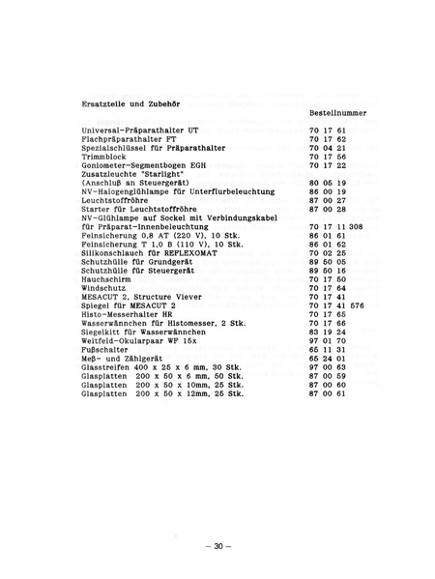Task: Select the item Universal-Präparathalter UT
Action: pyautogui.click(x=140, y=130)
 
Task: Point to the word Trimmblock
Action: pyautogui.click(x=104, y=156)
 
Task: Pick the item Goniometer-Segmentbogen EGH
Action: pyautogui.click(x=144, y=164)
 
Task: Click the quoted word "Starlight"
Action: pyautogui.click(x=172, y=173)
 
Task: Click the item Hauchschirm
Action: pyautogui.click(x=107, y=277)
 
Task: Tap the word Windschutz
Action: pyautogui.click(x=105, y=286)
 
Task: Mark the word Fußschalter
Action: pyautogui.click(x=107, y=347)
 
